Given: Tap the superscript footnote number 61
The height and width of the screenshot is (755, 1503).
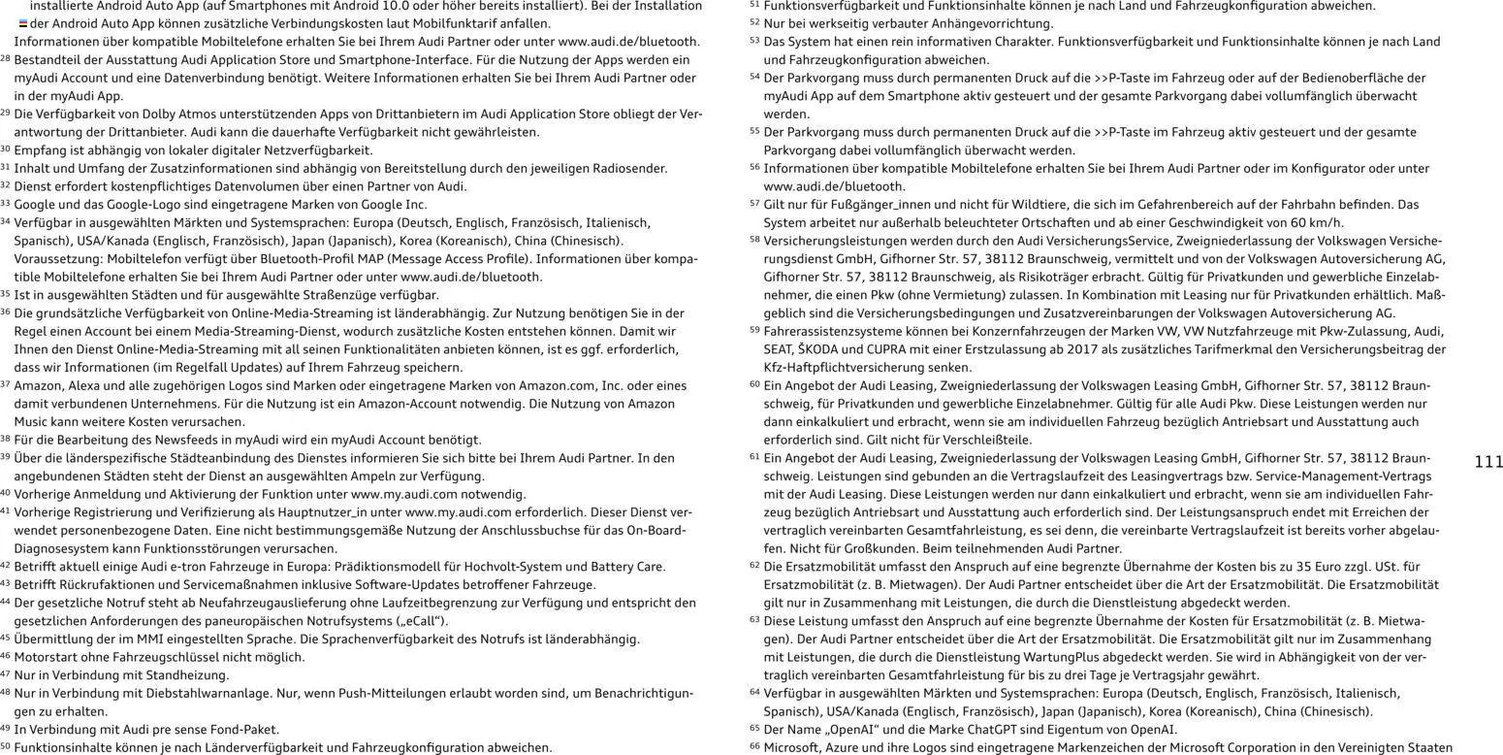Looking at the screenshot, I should [754, 456].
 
